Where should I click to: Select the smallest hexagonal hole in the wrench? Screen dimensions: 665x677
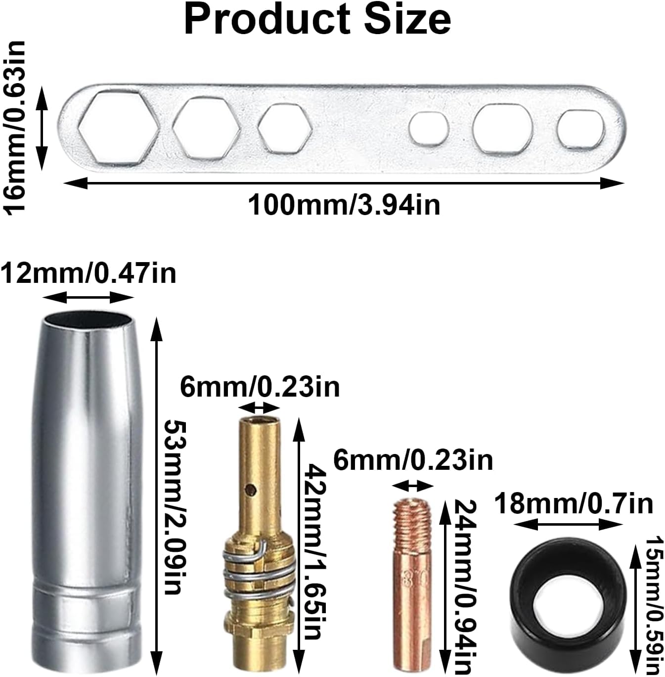pos(285,129)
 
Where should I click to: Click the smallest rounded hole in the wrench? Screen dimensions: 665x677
pos(429,129)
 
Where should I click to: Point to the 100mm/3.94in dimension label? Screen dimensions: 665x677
pos(344,205)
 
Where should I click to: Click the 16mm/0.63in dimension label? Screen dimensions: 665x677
pos(14,127)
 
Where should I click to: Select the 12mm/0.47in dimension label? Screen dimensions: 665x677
pos(88,274)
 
